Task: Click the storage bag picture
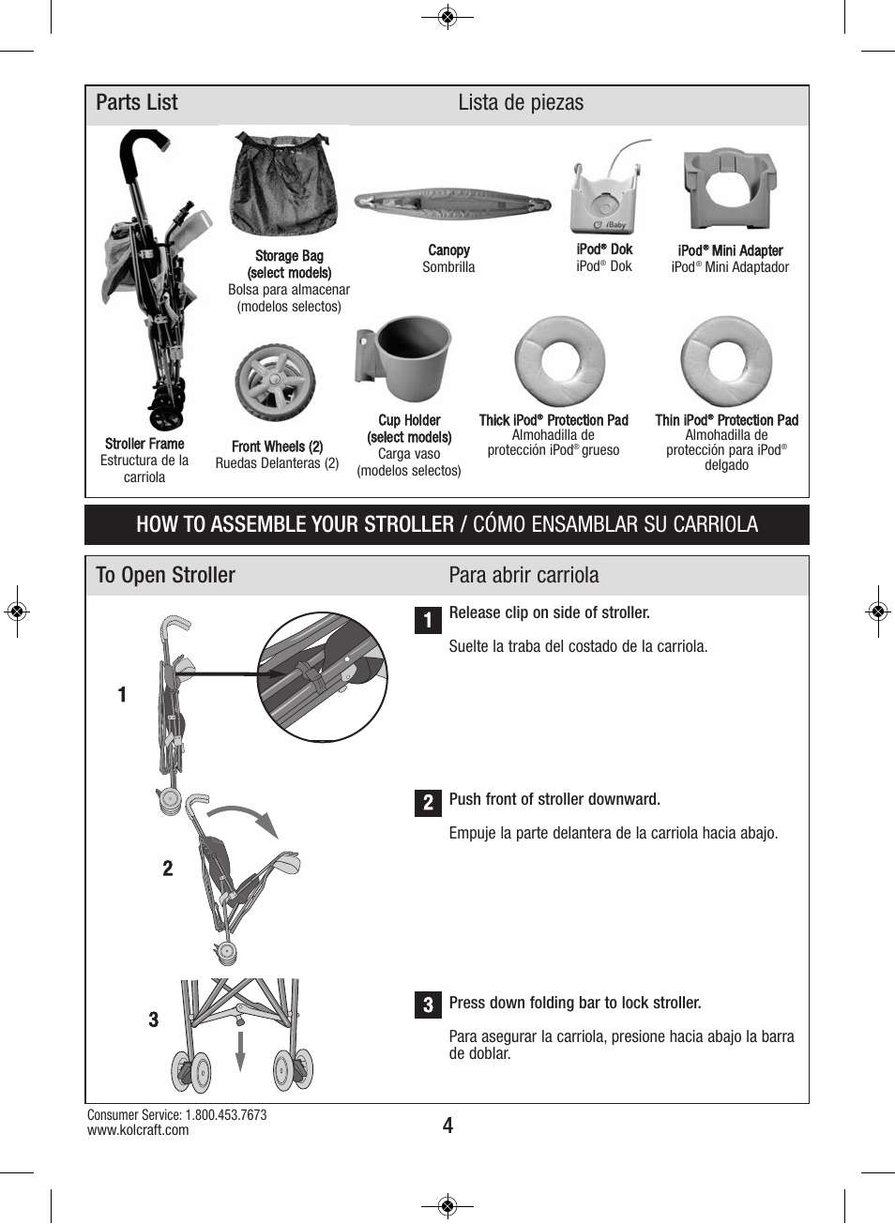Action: (282, 186)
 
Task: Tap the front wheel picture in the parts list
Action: (274, 384)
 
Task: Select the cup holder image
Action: (404, 359)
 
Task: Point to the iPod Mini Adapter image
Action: (729, 189)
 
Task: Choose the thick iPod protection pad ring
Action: (559, 362)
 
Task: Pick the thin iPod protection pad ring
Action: (726, 362)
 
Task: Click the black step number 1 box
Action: (428, 620)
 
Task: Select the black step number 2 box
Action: (428, 802)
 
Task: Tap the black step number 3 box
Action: (428, 1005)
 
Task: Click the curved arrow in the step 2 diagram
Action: (247, 817)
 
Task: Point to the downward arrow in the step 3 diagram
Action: (240, 1050)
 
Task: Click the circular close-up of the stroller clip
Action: (322, 676)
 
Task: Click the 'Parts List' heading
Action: (137, 103)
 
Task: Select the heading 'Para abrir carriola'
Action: (523, 575)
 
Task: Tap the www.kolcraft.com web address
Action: (138, 1130)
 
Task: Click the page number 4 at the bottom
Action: (447, 1126)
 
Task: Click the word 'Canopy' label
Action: (448, 250)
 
